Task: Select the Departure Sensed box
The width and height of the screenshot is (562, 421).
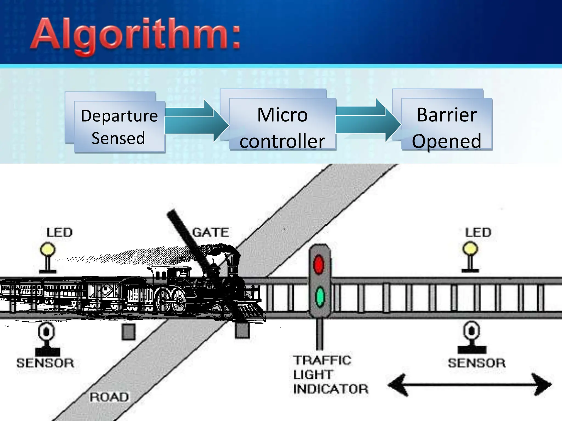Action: coord(119,126)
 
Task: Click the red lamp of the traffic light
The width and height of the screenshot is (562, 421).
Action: coord(319,264)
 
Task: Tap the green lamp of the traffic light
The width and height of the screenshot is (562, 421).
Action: coord(320,297)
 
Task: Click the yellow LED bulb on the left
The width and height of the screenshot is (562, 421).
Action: coord(48,249)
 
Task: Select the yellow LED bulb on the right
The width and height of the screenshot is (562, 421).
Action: coord(470,249)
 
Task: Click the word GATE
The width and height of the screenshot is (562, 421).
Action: coord(210,232)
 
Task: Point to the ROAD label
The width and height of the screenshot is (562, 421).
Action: coord(109,397)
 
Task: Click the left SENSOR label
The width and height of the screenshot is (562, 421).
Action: coord(46,363)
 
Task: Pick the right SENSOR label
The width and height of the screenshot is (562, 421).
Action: coord(477,363)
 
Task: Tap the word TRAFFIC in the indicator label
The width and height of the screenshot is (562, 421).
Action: coord(322,360)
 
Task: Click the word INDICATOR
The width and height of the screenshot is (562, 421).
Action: coord(331,389)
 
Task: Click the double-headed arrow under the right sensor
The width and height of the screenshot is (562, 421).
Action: coord(470,385)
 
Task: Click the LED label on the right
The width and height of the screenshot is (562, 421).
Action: coord(478,232)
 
